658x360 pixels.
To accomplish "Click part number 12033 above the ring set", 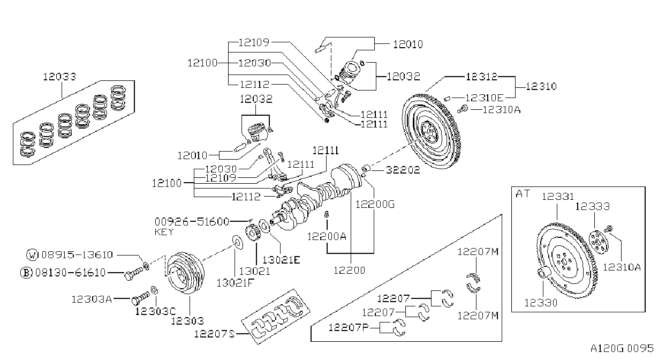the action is tap(59, 77).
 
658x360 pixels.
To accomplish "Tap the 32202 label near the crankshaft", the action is tap(403, 170).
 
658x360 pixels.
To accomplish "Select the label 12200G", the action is tap(375, 204).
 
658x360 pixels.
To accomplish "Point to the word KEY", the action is tap(164, 232).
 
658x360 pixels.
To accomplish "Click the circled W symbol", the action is tap(32, 255).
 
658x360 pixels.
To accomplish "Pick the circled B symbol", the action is tap(26, 273).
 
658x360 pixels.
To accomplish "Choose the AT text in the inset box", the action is tap(523, 194).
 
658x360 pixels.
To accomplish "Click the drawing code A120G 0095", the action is tap(622, 349).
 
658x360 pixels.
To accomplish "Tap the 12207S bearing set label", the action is tap(215, 334).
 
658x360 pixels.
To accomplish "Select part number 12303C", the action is tap(155, 311).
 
